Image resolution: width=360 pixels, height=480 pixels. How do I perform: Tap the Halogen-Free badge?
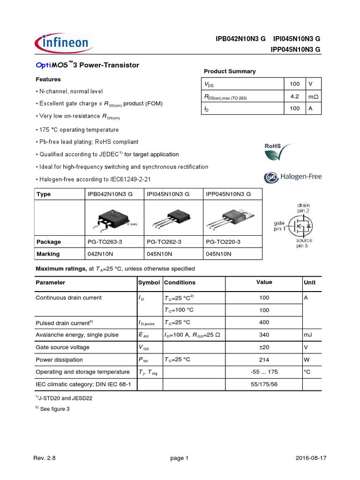[293, 177]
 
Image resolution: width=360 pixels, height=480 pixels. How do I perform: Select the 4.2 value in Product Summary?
[294, 97]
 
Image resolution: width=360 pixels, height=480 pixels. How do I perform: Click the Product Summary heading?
[230, 71]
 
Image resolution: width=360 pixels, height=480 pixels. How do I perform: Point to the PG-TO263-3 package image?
[113, 220]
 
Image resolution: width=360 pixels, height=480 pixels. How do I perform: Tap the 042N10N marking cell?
[100, 254]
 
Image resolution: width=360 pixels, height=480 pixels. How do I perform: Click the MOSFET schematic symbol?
[300, 226]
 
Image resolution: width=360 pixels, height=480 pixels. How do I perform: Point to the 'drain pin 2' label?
[303, 208]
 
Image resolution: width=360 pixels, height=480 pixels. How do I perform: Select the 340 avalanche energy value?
[264, 335]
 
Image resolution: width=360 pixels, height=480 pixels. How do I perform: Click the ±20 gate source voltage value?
[264, 347]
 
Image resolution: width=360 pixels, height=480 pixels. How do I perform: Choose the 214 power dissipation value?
[264, 360]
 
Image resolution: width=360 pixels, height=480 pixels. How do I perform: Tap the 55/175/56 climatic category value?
[264, 384]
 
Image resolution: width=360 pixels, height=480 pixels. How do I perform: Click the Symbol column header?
[149, 283]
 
